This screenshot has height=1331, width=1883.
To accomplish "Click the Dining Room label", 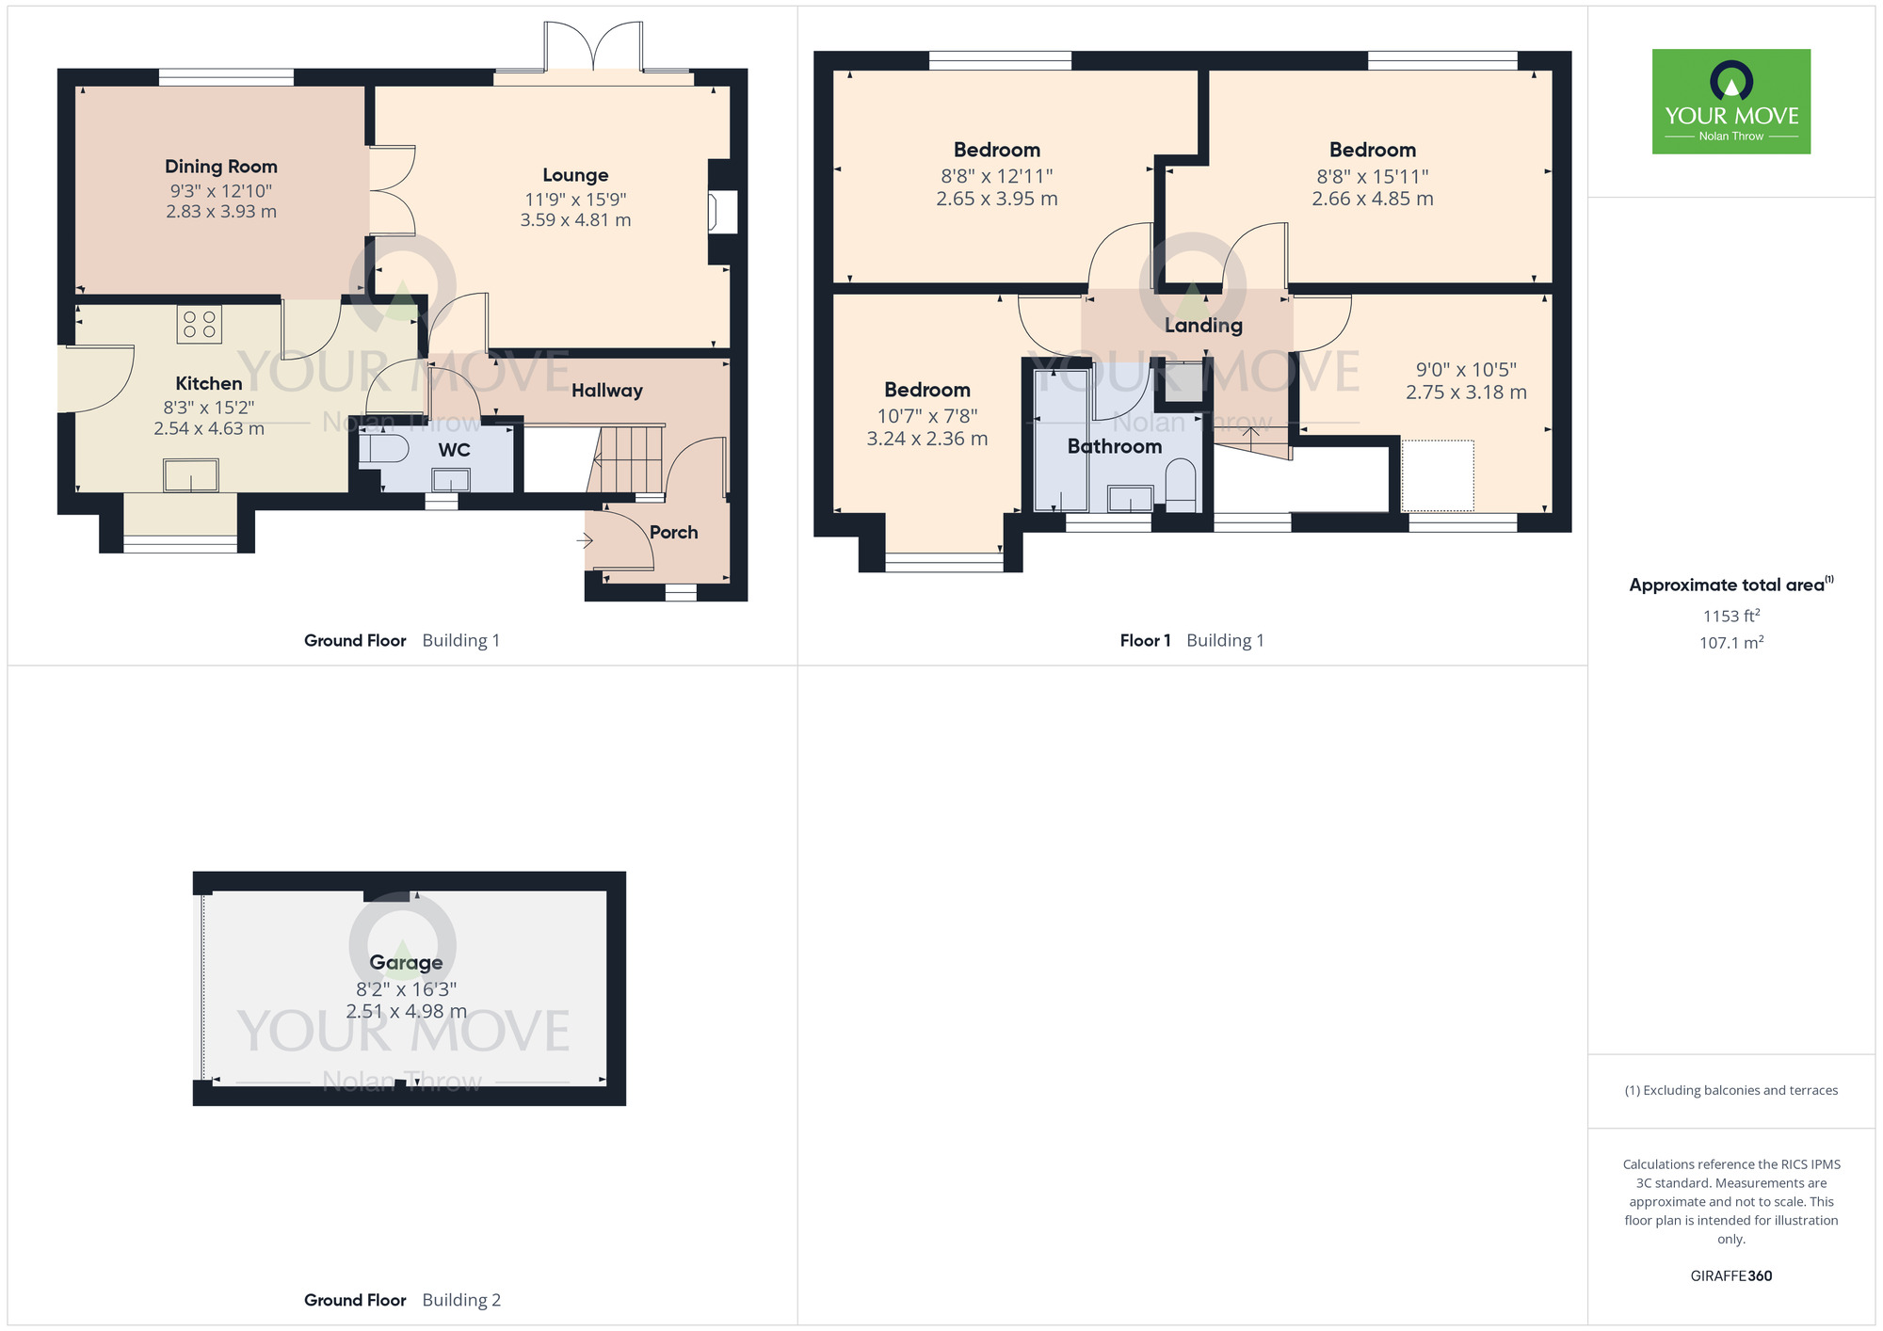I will click(221, 167).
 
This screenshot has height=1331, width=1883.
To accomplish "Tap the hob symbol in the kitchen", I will click(200, 325).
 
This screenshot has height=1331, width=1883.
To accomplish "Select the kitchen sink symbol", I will click(191, 475).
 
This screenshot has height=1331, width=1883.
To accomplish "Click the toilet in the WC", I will click(384, 449).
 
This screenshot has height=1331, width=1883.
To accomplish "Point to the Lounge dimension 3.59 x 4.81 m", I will click(575, 220).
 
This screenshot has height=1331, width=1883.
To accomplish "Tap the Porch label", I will click(673, 533).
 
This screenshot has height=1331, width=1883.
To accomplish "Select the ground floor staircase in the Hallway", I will click(629, 459).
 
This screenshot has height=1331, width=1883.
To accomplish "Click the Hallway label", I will click(606, 391).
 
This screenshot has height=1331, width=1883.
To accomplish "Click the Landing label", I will click(1203, 326).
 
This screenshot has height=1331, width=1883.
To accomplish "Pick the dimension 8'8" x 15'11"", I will click(1372, 176).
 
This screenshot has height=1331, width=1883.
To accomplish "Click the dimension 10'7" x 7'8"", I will click(926, 415).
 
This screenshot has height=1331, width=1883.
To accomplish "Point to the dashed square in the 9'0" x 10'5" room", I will click(1438, 475).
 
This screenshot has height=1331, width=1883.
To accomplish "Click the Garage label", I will click(406, 962).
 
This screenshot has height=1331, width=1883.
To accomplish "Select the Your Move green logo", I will click(1730, 102).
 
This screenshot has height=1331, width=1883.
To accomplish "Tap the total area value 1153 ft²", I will click(1730, 616).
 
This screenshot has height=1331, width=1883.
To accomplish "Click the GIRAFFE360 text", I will click(1730, 1276).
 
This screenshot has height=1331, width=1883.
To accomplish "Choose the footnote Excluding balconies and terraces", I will click(1730, 1090).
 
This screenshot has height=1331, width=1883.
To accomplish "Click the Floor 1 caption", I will click(1145, 641).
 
